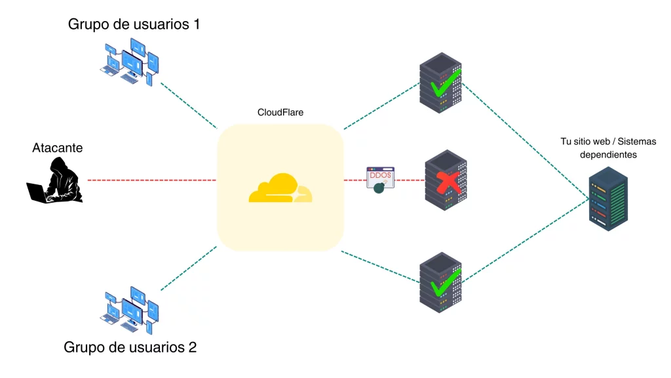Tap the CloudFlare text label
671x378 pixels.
(x=280, y=113)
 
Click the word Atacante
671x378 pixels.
(x=58, y=148)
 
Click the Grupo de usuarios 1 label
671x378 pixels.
(x=134, y=24)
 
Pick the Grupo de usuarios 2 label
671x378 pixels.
(x=130, y=347)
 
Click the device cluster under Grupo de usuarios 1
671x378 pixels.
(x=130, y=62)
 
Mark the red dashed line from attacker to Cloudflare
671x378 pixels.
(x=151, y=180)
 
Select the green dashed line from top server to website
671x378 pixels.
(x=524, y=138)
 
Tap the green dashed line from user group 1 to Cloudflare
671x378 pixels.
(x=189, y=106)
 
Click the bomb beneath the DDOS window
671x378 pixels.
(x=379, y=188)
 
